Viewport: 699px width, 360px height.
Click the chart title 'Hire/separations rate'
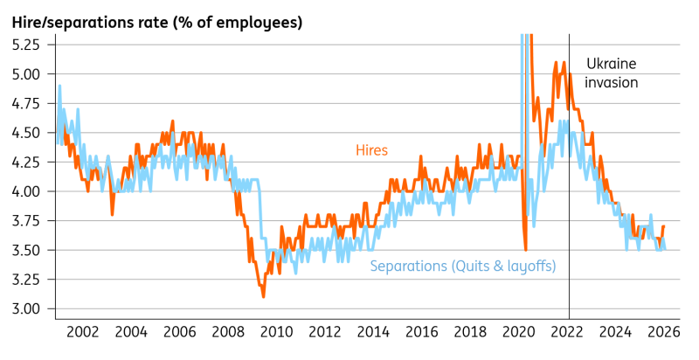coord(91,22)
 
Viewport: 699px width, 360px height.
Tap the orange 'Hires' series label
coord(372,150)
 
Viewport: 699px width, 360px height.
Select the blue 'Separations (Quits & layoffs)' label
coord(463,267)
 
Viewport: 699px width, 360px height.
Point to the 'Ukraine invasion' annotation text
coord(611,73)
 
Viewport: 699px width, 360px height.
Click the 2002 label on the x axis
coord(82,332)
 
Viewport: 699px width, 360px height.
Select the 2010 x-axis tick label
coord(276,332)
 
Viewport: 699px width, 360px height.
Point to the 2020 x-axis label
coord(519,332)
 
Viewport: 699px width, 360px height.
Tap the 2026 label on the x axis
coord(664,332)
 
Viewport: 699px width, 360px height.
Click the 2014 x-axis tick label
coord(374,332)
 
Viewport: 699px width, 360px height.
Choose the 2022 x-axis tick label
coord(567,332)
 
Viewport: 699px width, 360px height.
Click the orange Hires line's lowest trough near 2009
coord(264,296)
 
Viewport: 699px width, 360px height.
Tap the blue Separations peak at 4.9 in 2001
coord(59,86)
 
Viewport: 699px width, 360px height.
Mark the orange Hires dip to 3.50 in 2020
coord(526,250)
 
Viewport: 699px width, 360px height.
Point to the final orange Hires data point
coord(664,226)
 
